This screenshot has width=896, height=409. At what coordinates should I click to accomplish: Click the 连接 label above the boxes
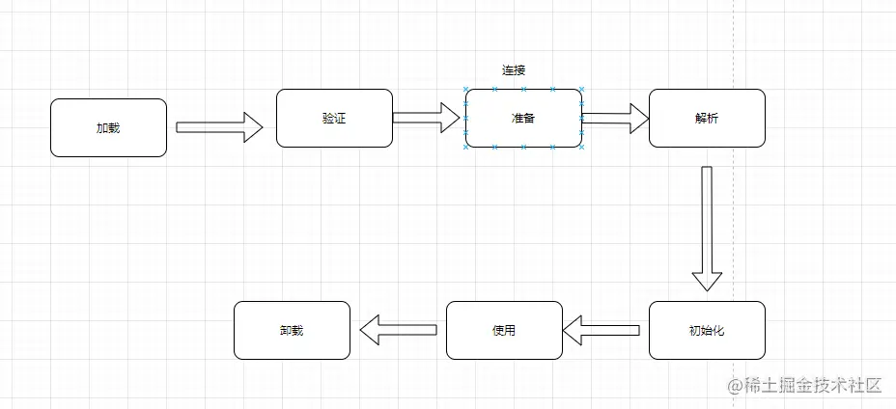514,70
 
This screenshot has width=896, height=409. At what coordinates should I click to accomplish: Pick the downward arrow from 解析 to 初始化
707,227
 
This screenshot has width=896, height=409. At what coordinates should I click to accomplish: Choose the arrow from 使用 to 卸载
399,330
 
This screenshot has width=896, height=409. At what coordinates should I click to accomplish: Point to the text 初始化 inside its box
707,330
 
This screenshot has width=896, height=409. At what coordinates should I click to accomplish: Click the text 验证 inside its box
334,119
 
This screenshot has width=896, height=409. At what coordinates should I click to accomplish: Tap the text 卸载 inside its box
292,330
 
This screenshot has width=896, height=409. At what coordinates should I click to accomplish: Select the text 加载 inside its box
108,127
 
